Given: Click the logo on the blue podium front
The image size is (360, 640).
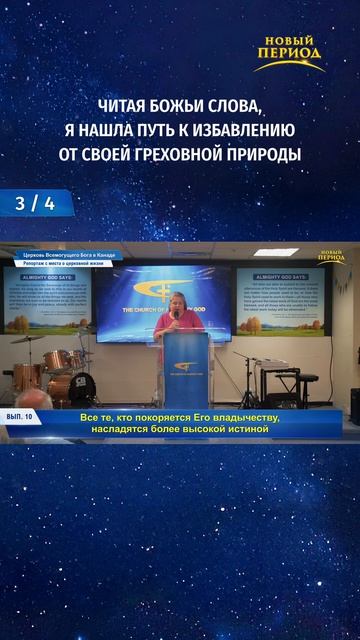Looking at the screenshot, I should click(x=184, y=366).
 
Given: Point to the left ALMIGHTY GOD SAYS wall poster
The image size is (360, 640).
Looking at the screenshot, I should click(x=48, y=300).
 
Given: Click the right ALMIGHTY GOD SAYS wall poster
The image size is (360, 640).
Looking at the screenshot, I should click(x=282, y=299).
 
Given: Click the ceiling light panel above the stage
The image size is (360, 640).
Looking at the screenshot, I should click(x=275, y=252).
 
